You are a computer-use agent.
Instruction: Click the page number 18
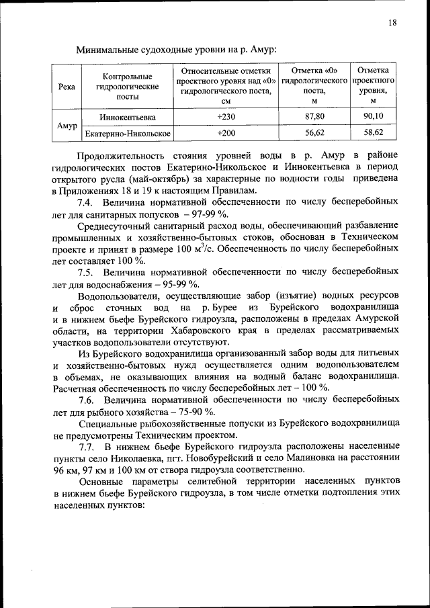coord(392,23)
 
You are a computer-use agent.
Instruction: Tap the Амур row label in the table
coord(67,126)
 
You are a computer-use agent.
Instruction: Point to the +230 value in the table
coord(226,117)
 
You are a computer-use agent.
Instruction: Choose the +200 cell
coord(226,133)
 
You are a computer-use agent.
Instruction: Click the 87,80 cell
coord(314,117)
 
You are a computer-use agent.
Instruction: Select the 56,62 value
coord(314,133)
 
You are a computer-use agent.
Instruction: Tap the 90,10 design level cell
coord(373,117)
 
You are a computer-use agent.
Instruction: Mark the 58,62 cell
coord(373,133)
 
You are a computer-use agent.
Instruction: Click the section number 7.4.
coord(87,202)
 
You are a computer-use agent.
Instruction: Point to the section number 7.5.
coord(87,272)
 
